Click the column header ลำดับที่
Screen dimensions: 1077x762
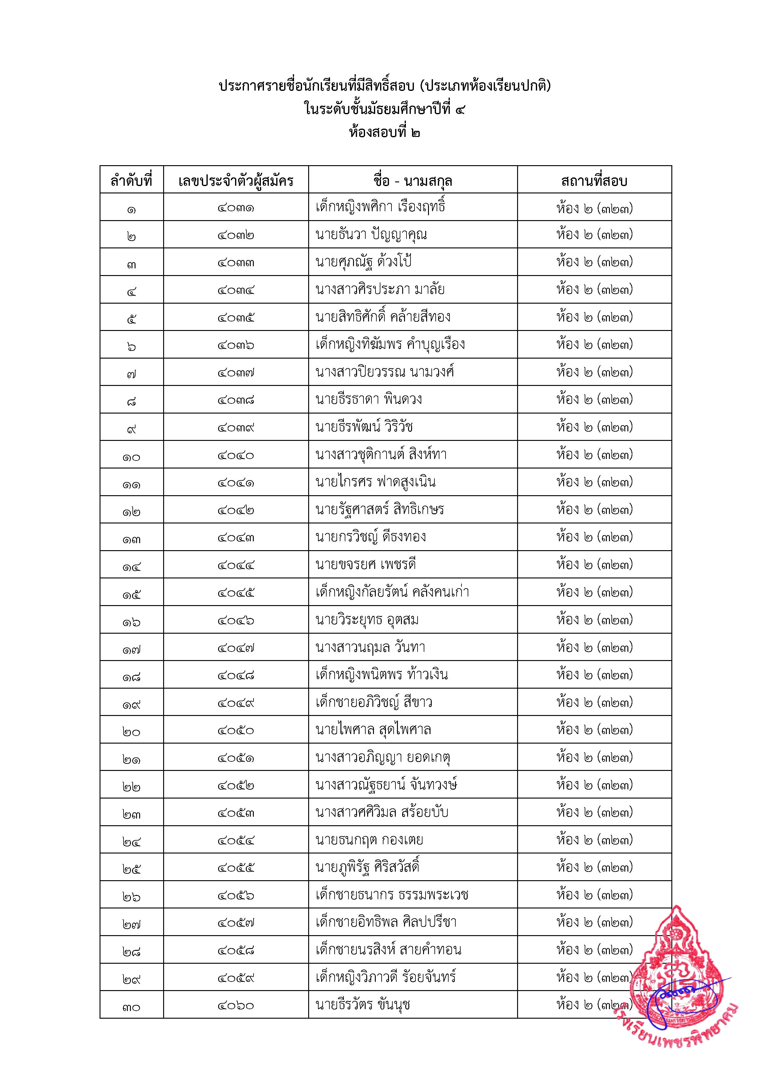click(132, 180)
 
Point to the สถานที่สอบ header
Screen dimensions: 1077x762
click(594, 180)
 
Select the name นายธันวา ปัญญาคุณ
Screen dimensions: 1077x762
click(371, 235)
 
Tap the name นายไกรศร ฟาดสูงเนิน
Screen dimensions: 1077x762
click(375, 482)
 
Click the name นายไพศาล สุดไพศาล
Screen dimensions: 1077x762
click(373, 730)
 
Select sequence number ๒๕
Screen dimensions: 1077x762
click(132, 868)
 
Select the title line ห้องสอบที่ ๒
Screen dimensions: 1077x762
click(384, 133)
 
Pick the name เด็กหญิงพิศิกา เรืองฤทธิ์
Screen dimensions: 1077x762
click(380, 207)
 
